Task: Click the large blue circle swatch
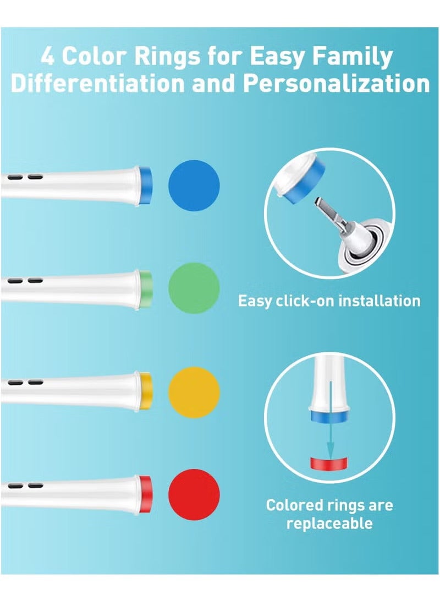click(194, 185)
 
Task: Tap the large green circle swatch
click(194, 288)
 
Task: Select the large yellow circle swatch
click(194, 391)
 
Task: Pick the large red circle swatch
click(194, 494)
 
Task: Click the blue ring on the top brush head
click(146, 185)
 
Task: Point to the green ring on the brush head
click(146, 288)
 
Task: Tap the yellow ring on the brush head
click(146, 391)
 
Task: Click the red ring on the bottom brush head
click(146, 494)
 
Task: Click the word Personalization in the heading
click(337, 84)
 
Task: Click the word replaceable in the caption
click(329, 522)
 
